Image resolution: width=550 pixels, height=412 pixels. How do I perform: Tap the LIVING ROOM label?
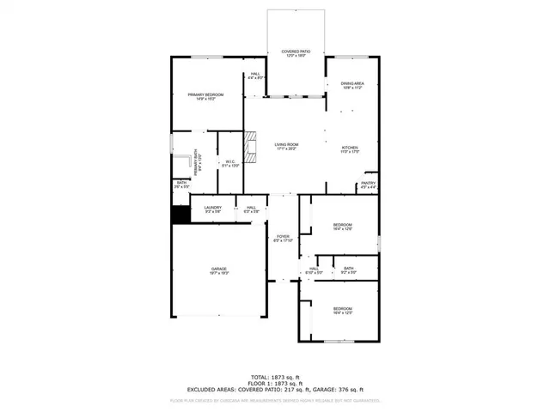click(x=286, y=146)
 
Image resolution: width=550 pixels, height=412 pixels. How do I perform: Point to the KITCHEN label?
click(x=350, y=148)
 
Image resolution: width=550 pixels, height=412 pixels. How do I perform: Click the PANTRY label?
click(x=368, y=184)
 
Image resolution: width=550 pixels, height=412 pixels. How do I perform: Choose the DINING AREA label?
click(x=340, y=85)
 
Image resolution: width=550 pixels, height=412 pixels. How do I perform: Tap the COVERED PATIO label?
click(x=296, y=53)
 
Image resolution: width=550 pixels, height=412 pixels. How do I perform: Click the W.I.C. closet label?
click(x=230, y=162)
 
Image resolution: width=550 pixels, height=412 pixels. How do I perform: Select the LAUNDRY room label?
click(x=213, y=209)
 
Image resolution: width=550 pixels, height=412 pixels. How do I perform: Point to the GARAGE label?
click(x=219, y=270)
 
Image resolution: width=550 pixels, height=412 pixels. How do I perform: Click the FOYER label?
click(x=283, y=238)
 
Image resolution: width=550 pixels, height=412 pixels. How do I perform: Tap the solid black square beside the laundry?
click(x=180, y=215)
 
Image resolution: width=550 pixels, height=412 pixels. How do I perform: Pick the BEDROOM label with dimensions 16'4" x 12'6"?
click(x=343, y=227)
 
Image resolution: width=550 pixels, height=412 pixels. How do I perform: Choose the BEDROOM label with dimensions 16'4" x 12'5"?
click(x=343, y=310)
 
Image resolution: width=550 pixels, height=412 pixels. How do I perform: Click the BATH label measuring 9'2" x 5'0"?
click(x=348, y=270)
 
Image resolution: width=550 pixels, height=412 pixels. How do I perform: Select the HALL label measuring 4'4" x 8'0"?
click(x=255, y=76)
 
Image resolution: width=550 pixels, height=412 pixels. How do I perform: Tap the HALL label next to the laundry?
click(x=251, y=209)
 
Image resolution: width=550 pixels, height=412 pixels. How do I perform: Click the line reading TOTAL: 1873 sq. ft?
click(x=274, y=377)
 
